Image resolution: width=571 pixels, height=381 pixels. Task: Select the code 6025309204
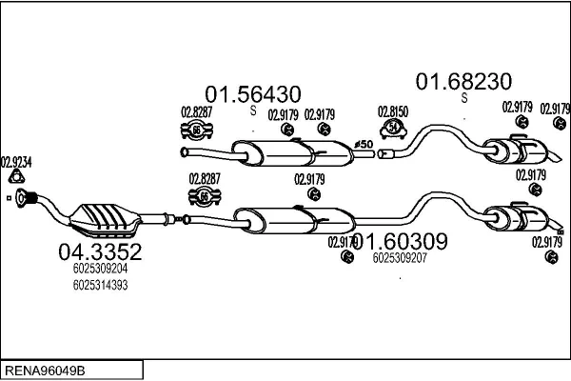99,270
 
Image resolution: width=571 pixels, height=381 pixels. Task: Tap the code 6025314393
99,285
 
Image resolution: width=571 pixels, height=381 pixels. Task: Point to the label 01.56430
254,93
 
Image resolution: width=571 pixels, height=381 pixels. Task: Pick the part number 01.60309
401,242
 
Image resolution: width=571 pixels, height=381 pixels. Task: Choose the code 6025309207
400,257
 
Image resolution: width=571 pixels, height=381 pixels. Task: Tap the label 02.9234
16,162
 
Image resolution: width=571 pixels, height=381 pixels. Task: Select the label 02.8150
393,111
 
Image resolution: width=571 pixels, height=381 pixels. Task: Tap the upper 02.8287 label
196,112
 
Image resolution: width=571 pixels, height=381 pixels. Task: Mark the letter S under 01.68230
464,97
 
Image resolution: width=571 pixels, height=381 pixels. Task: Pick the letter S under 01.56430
253,110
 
